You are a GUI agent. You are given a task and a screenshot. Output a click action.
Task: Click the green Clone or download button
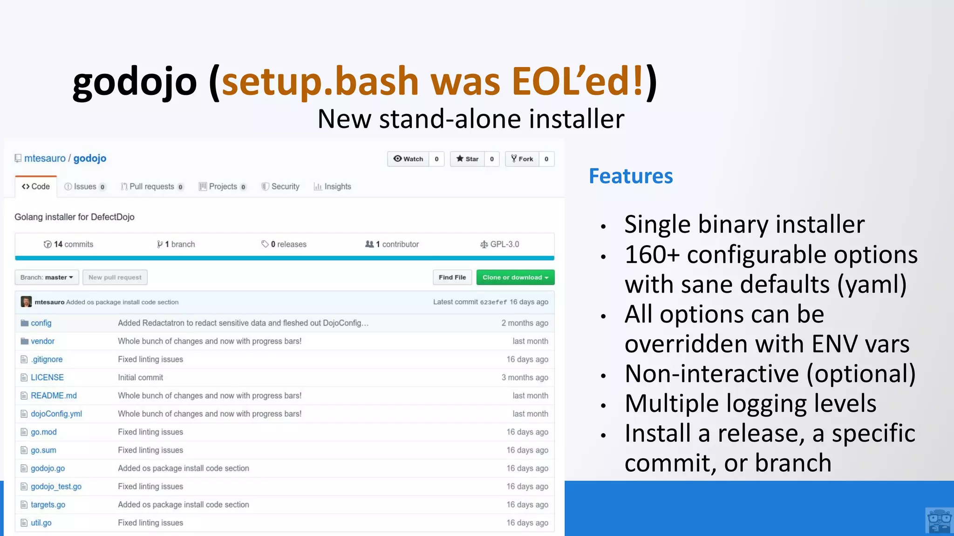[515, 277]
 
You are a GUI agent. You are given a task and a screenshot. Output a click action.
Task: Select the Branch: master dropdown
[47, 277]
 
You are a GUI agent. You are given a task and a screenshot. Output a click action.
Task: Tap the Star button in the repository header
[467, 159]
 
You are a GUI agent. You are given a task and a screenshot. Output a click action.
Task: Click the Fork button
[522, 159]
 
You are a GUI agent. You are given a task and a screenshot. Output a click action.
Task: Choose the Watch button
[408, 159]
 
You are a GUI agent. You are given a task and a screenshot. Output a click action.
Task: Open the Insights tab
[333, 187]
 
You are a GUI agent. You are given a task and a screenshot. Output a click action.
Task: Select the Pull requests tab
[152, 187]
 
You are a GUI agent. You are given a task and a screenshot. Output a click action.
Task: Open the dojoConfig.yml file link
[56, 414]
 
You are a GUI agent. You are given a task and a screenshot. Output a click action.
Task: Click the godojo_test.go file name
[56, 486]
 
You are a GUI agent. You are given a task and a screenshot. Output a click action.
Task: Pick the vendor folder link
[42, 341]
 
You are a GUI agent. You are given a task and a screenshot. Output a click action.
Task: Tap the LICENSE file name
[47, 377]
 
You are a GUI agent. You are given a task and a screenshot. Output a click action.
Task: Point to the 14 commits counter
[68, 244]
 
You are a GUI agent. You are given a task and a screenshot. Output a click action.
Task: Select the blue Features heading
[631, 176]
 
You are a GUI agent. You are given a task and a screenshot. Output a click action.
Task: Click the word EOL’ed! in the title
[578, 81]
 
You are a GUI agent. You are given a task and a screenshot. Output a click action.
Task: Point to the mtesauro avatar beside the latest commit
[26, 302]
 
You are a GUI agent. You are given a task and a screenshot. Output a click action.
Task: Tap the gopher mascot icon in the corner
[939, 521]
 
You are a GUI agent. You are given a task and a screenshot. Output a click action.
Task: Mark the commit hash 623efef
[493, 302]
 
